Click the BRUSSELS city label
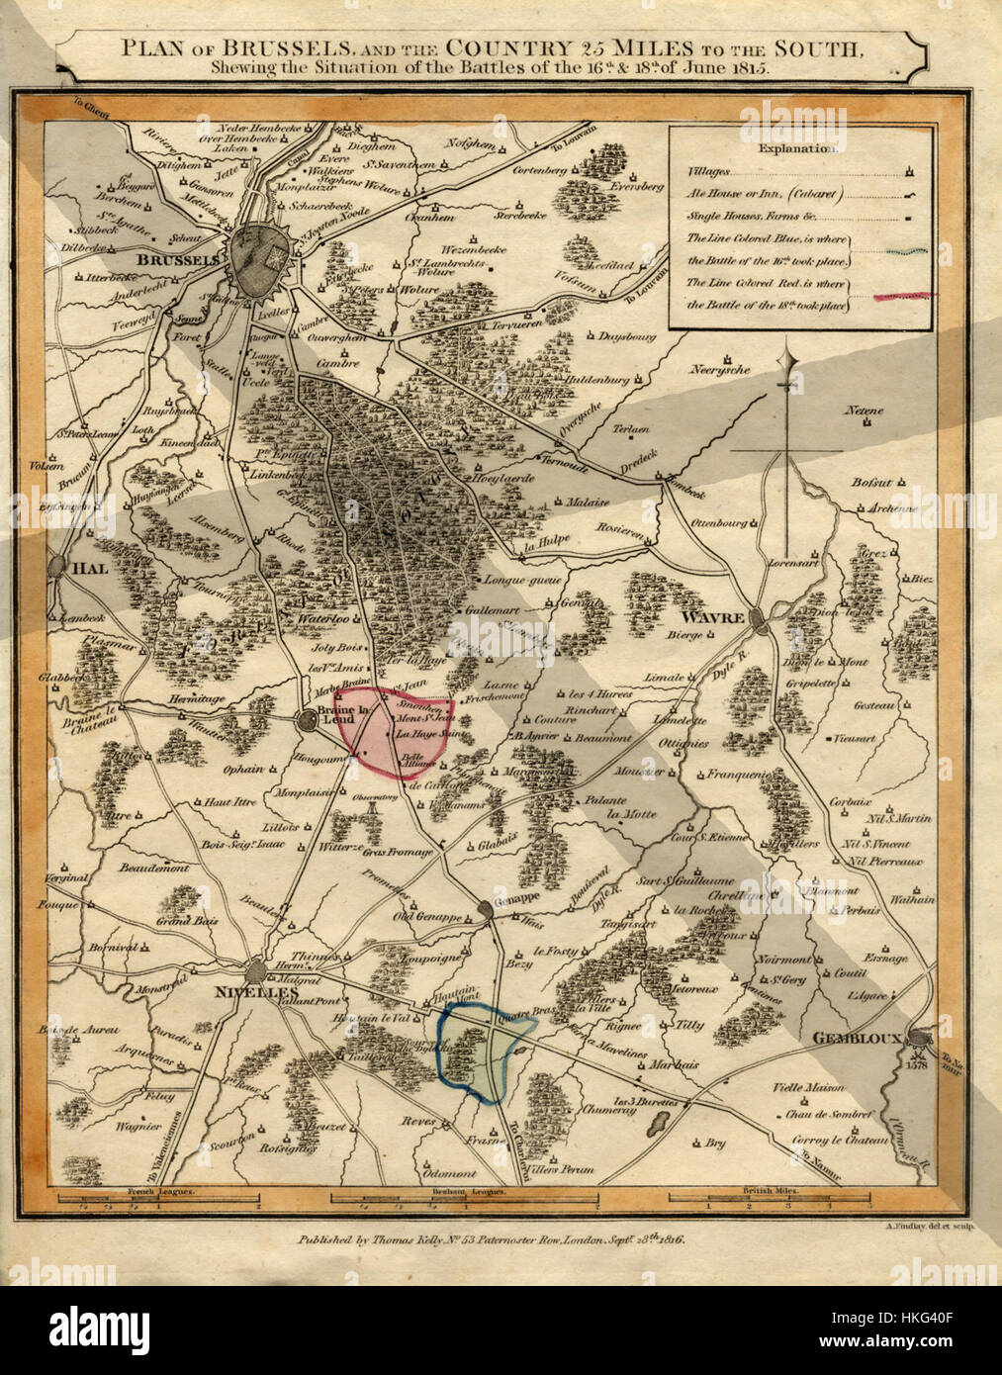(x=178, y=258)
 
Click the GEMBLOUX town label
(x=854, y=1038)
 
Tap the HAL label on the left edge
(x=91, y=569)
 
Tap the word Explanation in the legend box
(x=797, y=148)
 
